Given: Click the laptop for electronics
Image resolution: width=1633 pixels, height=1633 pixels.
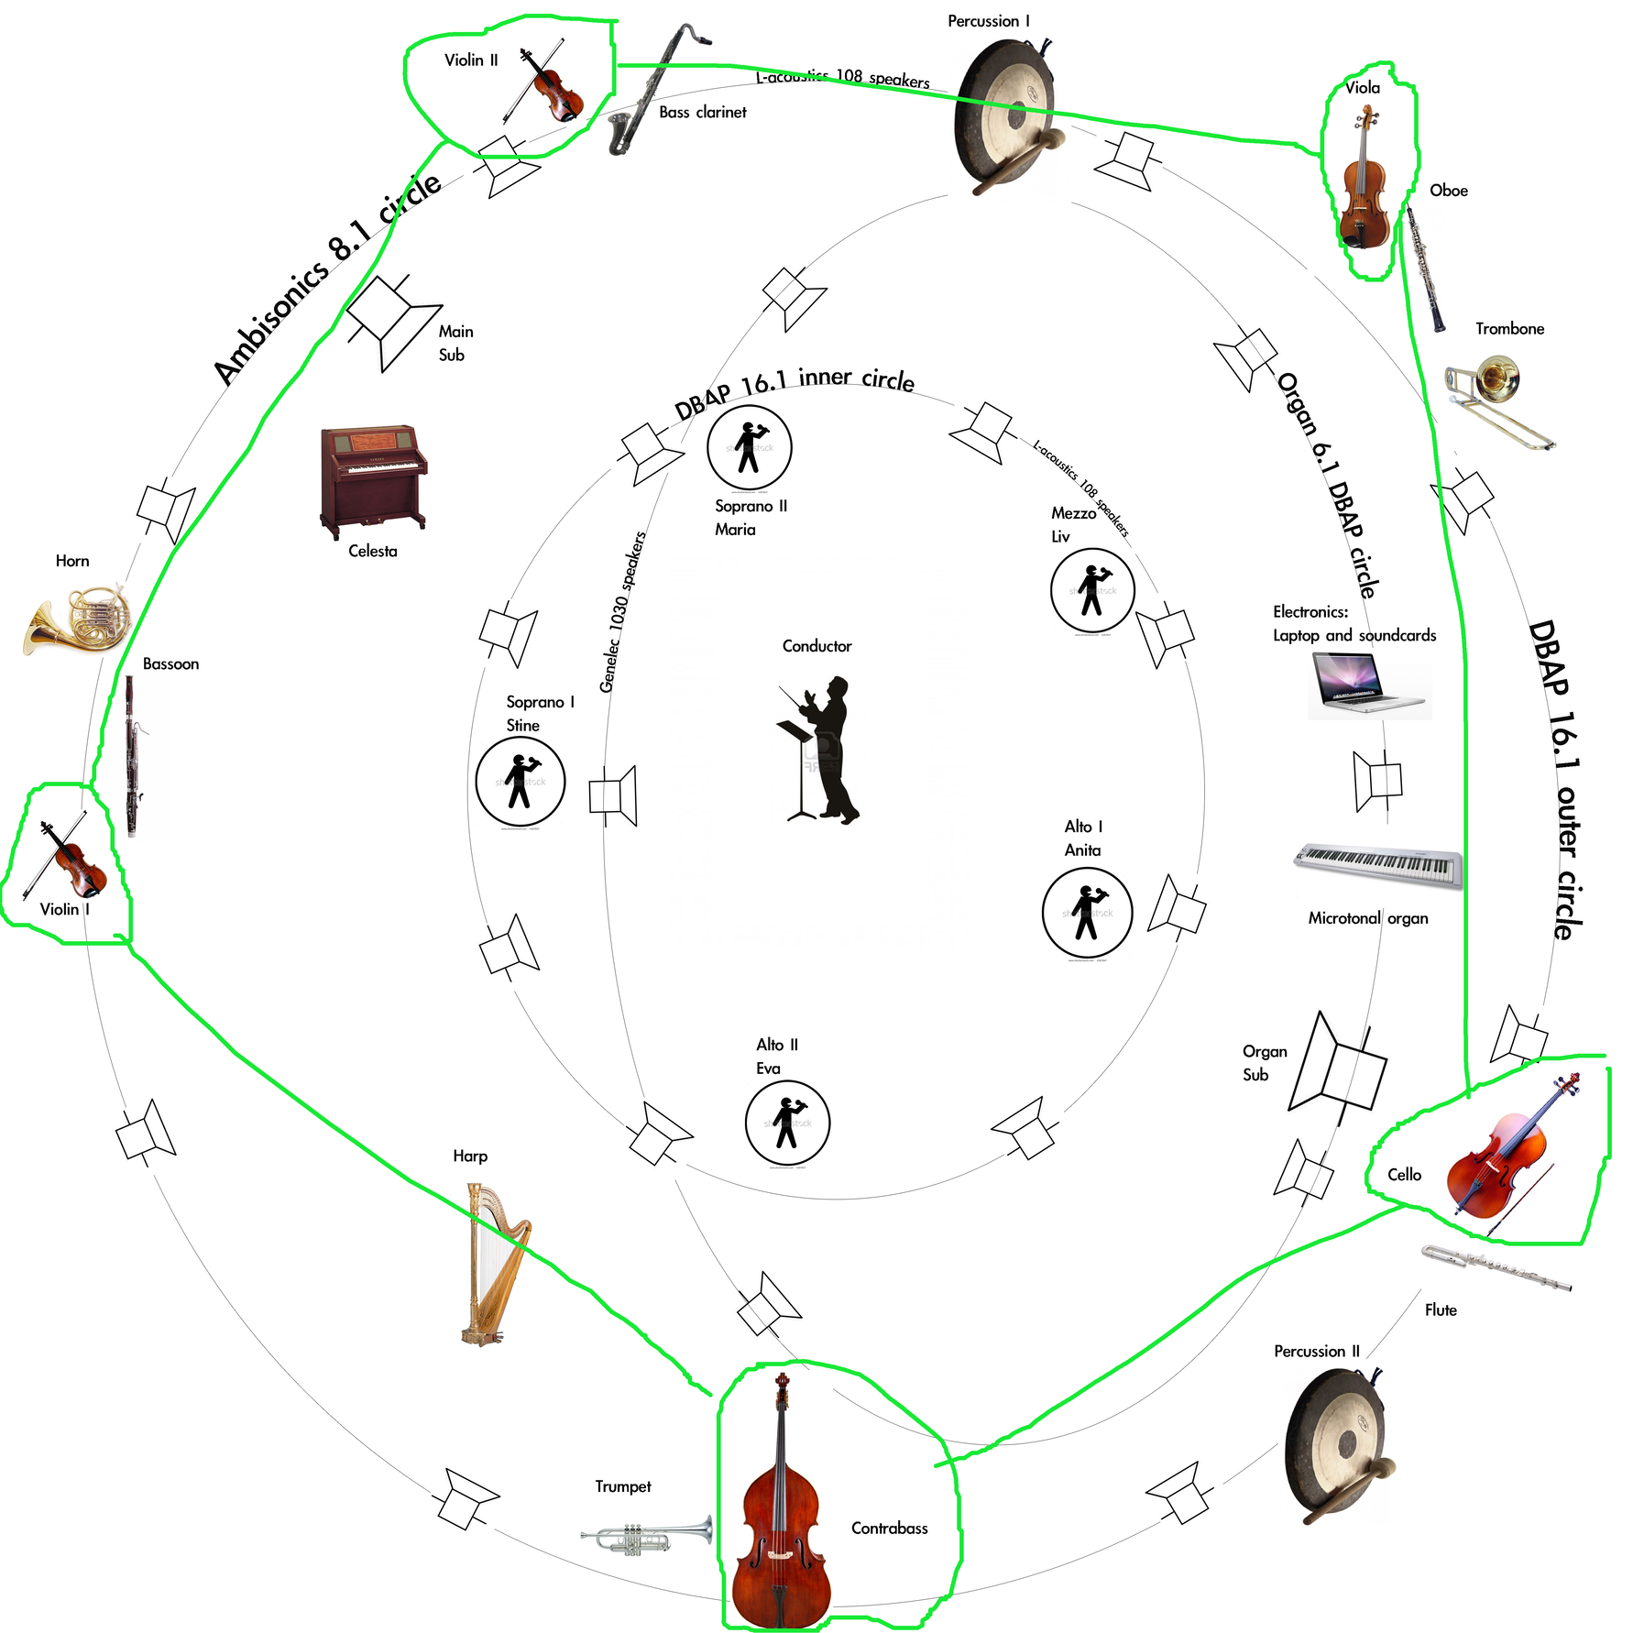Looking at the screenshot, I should (1367, 683).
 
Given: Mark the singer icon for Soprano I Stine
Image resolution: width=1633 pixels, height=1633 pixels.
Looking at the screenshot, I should (520, 782).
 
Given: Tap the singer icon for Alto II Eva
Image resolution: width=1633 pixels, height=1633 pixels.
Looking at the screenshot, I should (787, 1123).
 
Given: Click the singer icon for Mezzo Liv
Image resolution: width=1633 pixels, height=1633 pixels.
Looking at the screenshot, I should (1091, 591).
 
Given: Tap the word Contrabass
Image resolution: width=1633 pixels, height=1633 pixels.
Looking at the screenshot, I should (889, 1528).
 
